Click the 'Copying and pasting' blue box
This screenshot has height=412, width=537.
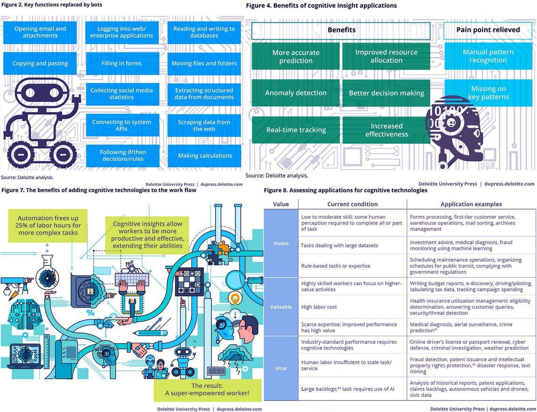pos(40,63)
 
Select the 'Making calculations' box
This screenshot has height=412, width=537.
pos(205,155)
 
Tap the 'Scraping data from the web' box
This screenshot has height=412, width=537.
pos(204,125)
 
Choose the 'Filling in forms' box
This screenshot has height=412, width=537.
pos(122,63)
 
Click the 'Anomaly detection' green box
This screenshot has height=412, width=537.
pos(295,93)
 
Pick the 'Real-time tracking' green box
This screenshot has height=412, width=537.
pos(295,130)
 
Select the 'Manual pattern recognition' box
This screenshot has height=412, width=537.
pos(488,56)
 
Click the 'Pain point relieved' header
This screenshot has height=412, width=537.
pos(488,30)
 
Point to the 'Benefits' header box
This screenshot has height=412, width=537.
pos(341,30)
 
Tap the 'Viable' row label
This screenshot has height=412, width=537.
pos(281,243)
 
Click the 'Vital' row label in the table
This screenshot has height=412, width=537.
pos(281,368)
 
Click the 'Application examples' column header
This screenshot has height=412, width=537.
pos(471,204)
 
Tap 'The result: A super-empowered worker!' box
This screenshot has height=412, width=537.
pos(207,389)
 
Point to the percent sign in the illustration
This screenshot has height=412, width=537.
pos(90,313)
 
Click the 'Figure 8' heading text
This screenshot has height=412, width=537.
pos(345,190)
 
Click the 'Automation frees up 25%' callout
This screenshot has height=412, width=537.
pos(48,226)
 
